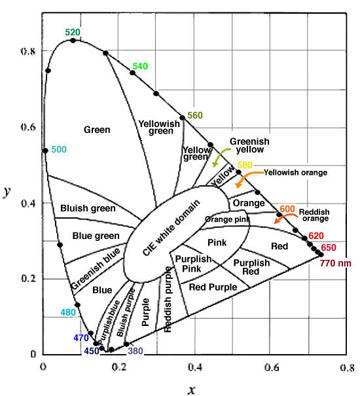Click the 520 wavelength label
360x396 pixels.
tap(73, 32)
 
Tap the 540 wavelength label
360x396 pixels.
tap(140, 66)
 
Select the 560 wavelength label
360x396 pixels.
tap(195, 115)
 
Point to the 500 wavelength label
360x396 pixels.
tap(59, 149)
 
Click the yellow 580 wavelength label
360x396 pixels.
tap(245, 165)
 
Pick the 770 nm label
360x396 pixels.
tap(336, 263)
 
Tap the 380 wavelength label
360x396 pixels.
tap(135, 351)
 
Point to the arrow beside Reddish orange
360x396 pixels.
tap(284, 217)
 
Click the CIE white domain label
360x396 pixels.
tap(171, 228)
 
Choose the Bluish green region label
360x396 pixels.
tap(88, 208)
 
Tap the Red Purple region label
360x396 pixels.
tap(213, 287)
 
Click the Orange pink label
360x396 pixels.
tap(227, 219)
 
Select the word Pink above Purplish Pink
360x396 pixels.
tap(217, 243)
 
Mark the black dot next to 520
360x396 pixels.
tap(73, 41)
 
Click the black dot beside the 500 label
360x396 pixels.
tap(45, 151)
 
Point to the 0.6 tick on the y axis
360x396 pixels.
tap(28, 127)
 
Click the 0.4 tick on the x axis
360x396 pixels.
tap(195, 367)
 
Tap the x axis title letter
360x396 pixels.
tap(192, 389)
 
